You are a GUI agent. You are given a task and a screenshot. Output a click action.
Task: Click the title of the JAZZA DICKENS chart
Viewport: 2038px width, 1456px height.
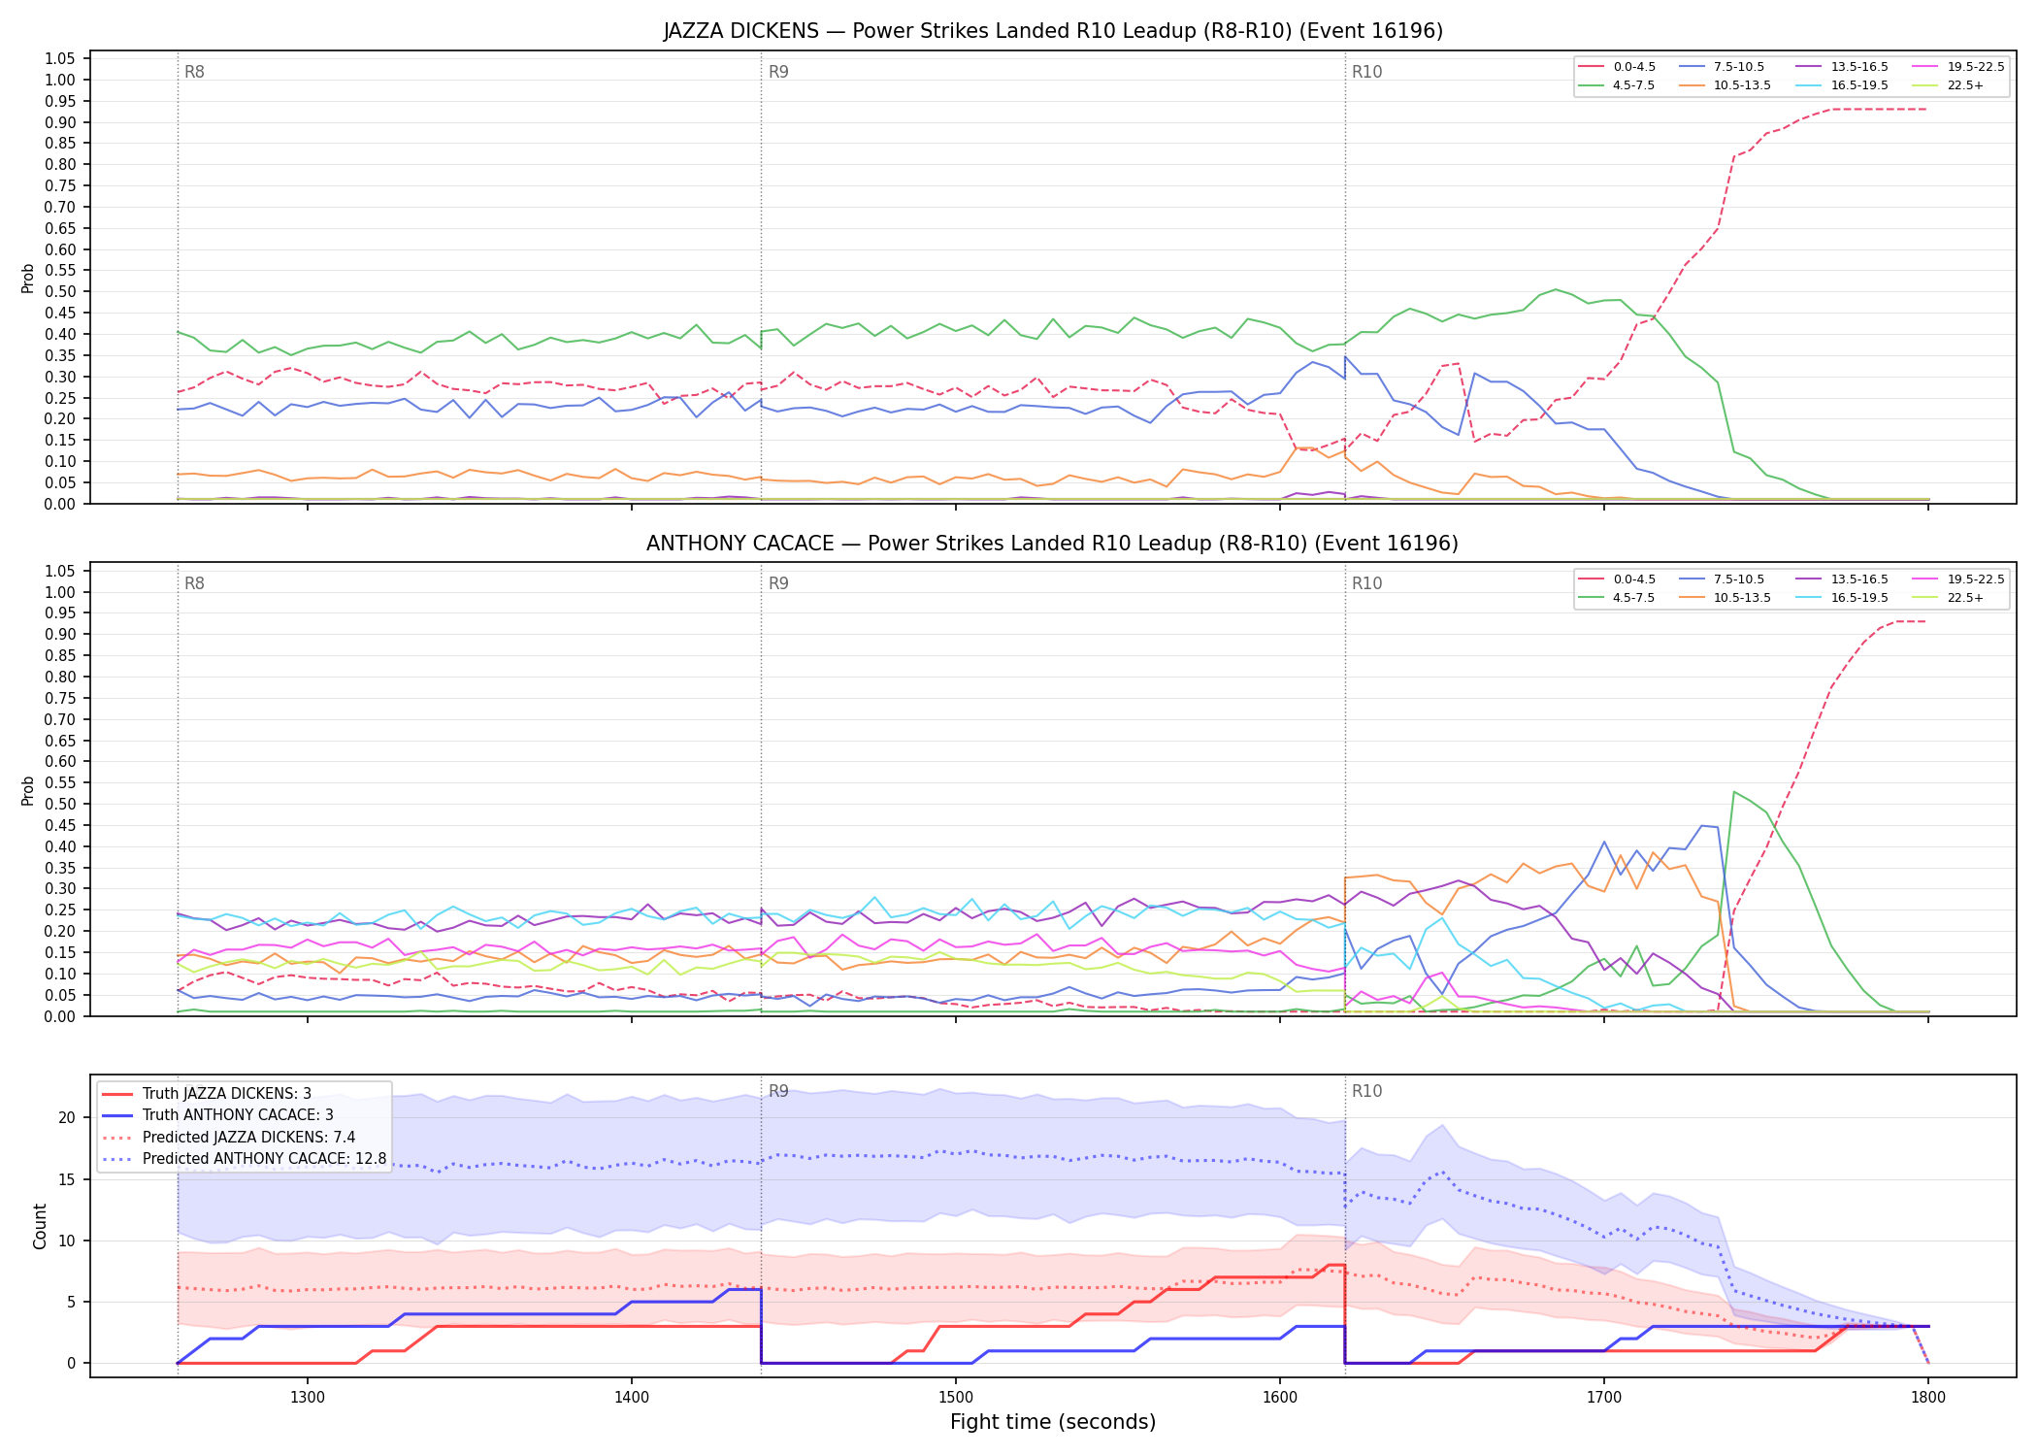(1053, 31)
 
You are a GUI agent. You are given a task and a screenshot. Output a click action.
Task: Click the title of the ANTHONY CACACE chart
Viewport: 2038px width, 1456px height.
(1053, 544)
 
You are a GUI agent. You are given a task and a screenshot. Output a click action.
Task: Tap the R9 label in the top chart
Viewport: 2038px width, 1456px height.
(778, 72)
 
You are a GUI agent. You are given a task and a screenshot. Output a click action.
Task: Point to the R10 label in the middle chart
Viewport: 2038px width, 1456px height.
(1366, 583)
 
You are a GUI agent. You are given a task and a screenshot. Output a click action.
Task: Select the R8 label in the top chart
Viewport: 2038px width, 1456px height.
(194, 72)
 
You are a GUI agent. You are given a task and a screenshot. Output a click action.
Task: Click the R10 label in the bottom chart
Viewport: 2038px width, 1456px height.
(1366, 1091)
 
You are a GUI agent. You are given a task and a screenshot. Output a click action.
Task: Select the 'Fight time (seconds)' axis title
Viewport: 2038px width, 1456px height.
(1053, 1423)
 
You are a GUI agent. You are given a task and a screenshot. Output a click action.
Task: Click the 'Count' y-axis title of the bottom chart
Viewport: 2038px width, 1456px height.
(40, 1226)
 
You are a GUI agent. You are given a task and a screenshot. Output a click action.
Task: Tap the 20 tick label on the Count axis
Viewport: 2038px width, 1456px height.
(66, 1118)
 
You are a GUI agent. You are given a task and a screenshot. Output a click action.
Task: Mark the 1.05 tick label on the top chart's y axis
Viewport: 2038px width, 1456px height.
(60, 59)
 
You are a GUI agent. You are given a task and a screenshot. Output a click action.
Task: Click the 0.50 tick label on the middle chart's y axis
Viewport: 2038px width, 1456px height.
(60, 805)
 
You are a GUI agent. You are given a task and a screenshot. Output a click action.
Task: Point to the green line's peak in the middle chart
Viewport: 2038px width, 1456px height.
(1734, 792)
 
